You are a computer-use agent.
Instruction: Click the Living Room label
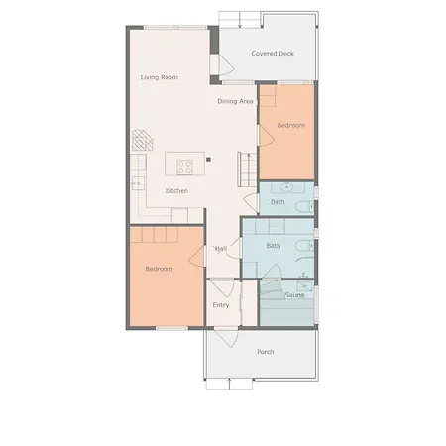tap(159, 76)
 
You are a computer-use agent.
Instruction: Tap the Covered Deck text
tap(272, 54)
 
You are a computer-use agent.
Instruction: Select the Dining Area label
tap(236, 101)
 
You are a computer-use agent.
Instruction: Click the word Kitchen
tap(176, 191)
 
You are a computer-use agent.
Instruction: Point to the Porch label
tap(265, 352)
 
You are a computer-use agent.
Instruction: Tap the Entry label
tap(221, 305)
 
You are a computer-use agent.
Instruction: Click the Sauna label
tap(294, 294)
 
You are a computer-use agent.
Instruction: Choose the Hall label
tap(221, 248)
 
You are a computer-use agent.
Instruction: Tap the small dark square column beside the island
tap(209, 157)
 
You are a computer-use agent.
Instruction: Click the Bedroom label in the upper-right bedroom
tap(290, 126)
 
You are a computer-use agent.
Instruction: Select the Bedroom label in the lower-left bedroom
tap(159, 269)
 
